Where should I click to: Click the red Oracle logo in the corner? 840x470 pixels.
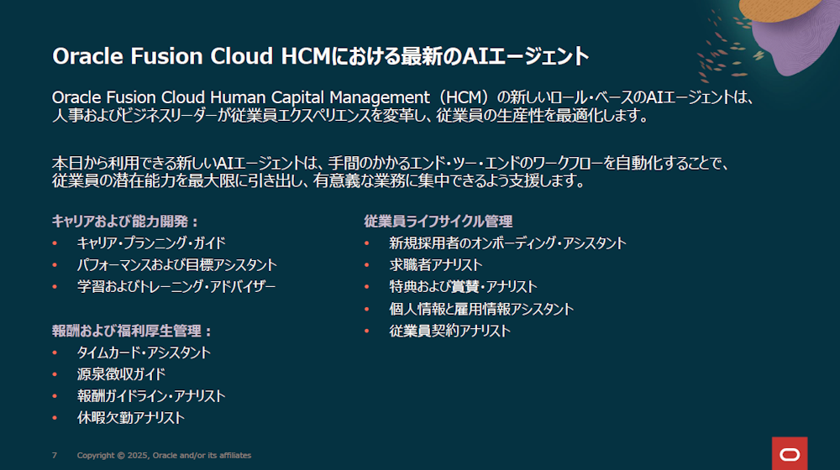tap(790, 453)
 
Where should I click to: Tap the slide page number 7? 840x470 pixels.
tap(54, 455)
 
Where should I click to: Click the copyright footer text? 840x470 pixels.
tap(164, 455)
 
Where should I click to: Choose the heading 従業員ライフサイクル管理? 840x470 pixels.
tap(438, 221)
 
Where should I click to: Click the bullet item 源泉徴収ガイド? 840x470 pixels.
tap(121, 374)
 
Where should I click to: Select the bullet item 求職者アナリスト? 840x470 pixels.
tap(435, 265)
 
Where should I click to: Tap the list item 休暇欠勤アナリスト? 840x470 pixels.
tap(131, 417)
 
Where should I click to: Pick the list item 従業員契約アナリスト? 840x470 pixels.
tap(449, 331)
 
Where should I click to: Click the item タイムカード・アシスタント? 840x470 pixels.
tap(144, 352)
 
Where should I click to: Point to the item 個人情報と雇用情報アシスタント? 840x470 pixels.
tap(481, 309)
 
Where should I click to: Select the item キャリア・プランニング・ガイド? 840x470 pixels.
tap(151, 243)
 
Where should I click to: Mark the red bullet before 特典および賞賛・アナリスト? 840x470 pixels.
tap(367, 287)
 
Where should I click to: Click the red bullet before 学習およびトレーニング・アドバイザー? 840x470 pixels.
tap(55, 287)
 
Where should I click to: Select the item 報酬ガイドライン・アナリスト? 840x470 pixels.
tap(151, 396)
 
